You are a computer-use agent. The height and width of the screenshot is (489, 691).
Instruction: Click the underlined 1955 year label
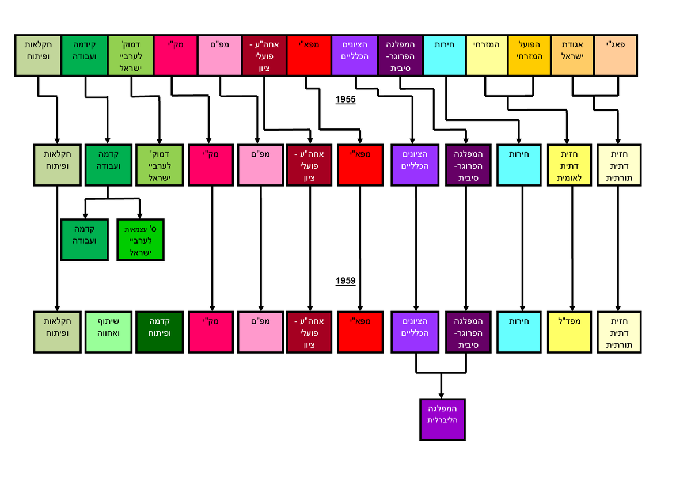pos(346,100)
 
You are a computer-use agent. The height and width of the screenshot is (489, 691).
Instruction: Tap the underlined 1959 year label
pos(346,281)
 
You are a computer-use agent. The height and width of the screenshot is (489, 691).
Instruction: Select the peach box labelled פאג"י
pos(616,55)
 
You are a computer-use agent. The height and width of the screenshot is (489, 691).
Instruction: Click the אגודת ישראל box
pos(572,55)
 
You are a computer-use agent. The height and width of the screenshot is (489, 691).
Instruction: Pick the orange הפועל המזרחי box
pos(530,55)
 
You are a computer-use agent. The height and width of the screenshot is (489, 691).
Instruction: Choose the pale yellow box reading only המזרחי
pos(487,55)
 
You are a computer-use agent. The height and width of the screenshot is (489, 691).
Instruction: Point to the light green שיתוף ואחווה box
pos(108,332)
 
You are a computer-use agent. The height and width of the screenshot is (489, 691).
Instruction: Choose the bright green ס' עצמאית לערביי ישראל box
pos(140,239)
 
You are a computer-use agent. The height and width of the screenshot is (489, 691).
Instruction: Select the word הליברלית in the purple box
pos(442,420)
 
